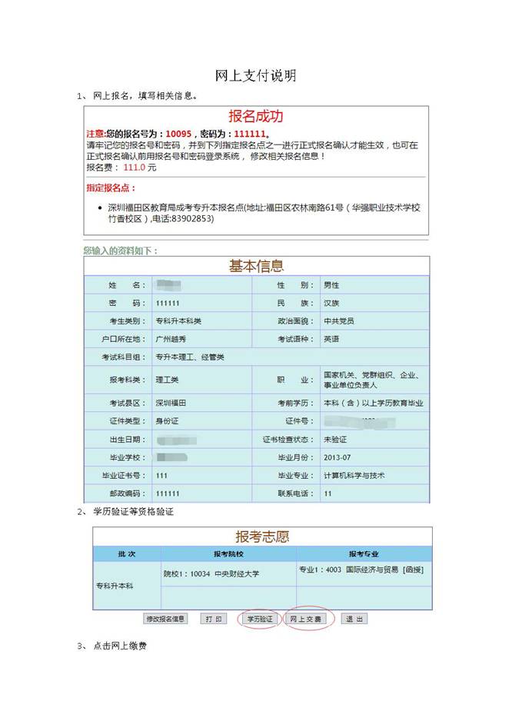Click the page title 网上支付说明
click(255, 75)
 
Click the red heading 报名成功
click(255, 116)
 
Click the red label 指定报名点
click(111, 188)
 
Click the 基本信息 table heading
click(256, 266)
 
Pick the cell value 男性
click(331, 285)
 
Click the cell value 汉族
click(331, 303)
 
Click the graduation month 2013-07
click(338, 457)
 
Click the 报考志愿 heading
click(262, 536)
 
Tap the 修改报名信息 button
click(165, 619)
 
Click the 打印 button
click(213, 619)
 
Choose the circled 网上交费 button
click(306, 619)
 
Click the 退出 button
click(353, 619)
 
